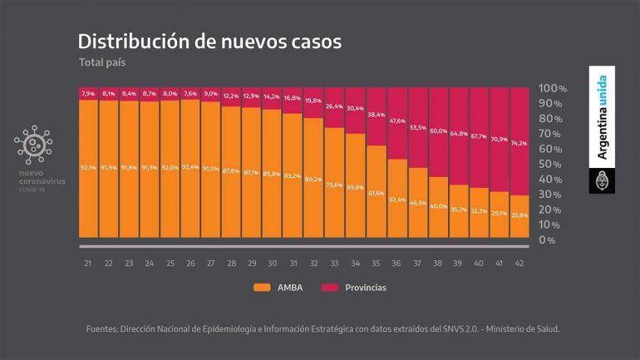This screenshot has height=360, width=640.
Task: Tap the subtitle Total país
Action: click(x=102, y=62)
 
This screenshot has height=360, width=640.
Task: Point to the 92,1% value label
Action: click(x=89, y=167)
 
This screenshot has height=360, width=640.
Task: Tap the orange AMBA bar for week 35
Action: click(x=375, y=191)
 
